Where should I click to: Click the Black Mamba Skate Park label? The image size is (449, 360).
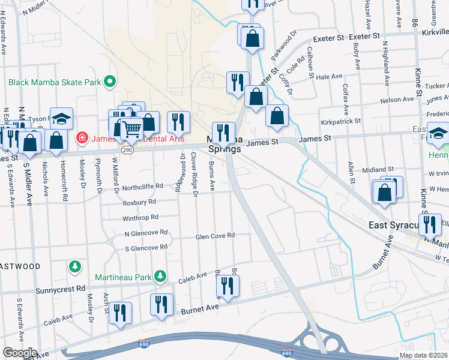[x=54, y=82]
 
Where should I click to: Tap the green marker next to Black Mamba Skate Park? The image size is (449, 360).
[x=109, y=82]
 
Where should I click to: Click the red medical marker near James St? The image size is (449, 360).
[x=81, y=139]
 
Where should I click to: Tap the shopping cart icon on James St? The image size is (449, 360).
[x=132, y=128]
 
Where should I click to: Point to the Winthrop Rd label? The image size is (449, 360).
[x=140, y=217]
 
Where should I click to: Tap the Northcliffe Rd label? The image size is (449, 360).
[x=142, y=187]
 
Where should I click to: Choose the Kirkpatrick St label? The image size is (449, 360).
[x=340, y=121]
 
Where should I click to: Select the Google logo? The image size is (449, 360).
[x=20, y=353]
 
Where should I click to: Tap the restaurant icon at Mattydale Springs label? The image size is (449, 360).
[x=223, y=132]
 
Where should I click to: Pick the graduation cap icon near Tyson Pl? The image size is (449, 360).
[x=61, y=118]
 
